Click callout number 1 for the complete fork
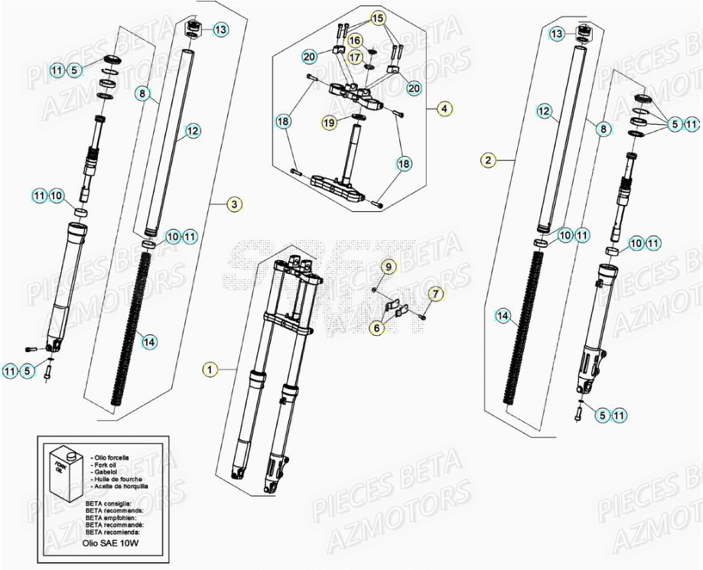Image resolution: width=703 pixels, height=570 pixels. click(210, 370)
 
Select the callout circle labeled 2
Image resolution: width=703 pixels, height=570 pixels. click(489, 160)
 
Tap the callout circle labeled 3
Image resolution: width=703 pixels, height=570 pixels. click(235, 204)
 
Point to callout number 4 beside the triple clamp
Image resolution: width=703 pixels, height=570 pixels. click(444, 109)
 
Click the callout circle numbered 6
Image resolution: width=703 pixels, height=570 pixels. click(377, 327)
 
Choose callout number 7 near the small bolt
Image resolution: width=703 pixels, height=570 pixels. click(434, 293)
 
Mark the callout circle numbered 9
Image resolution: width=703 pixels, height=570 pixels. click(389, 267)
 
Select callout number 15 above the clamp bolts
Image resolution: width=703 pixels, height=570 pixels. click(379, 17)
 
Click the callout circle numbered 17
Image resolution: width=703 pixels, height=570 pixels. click(355, 57)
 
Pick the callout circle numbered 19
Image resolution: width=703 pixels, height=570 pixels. click(329, 122)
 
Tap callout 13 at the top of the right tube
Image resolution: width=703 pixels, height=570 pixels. click(558, 34)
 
